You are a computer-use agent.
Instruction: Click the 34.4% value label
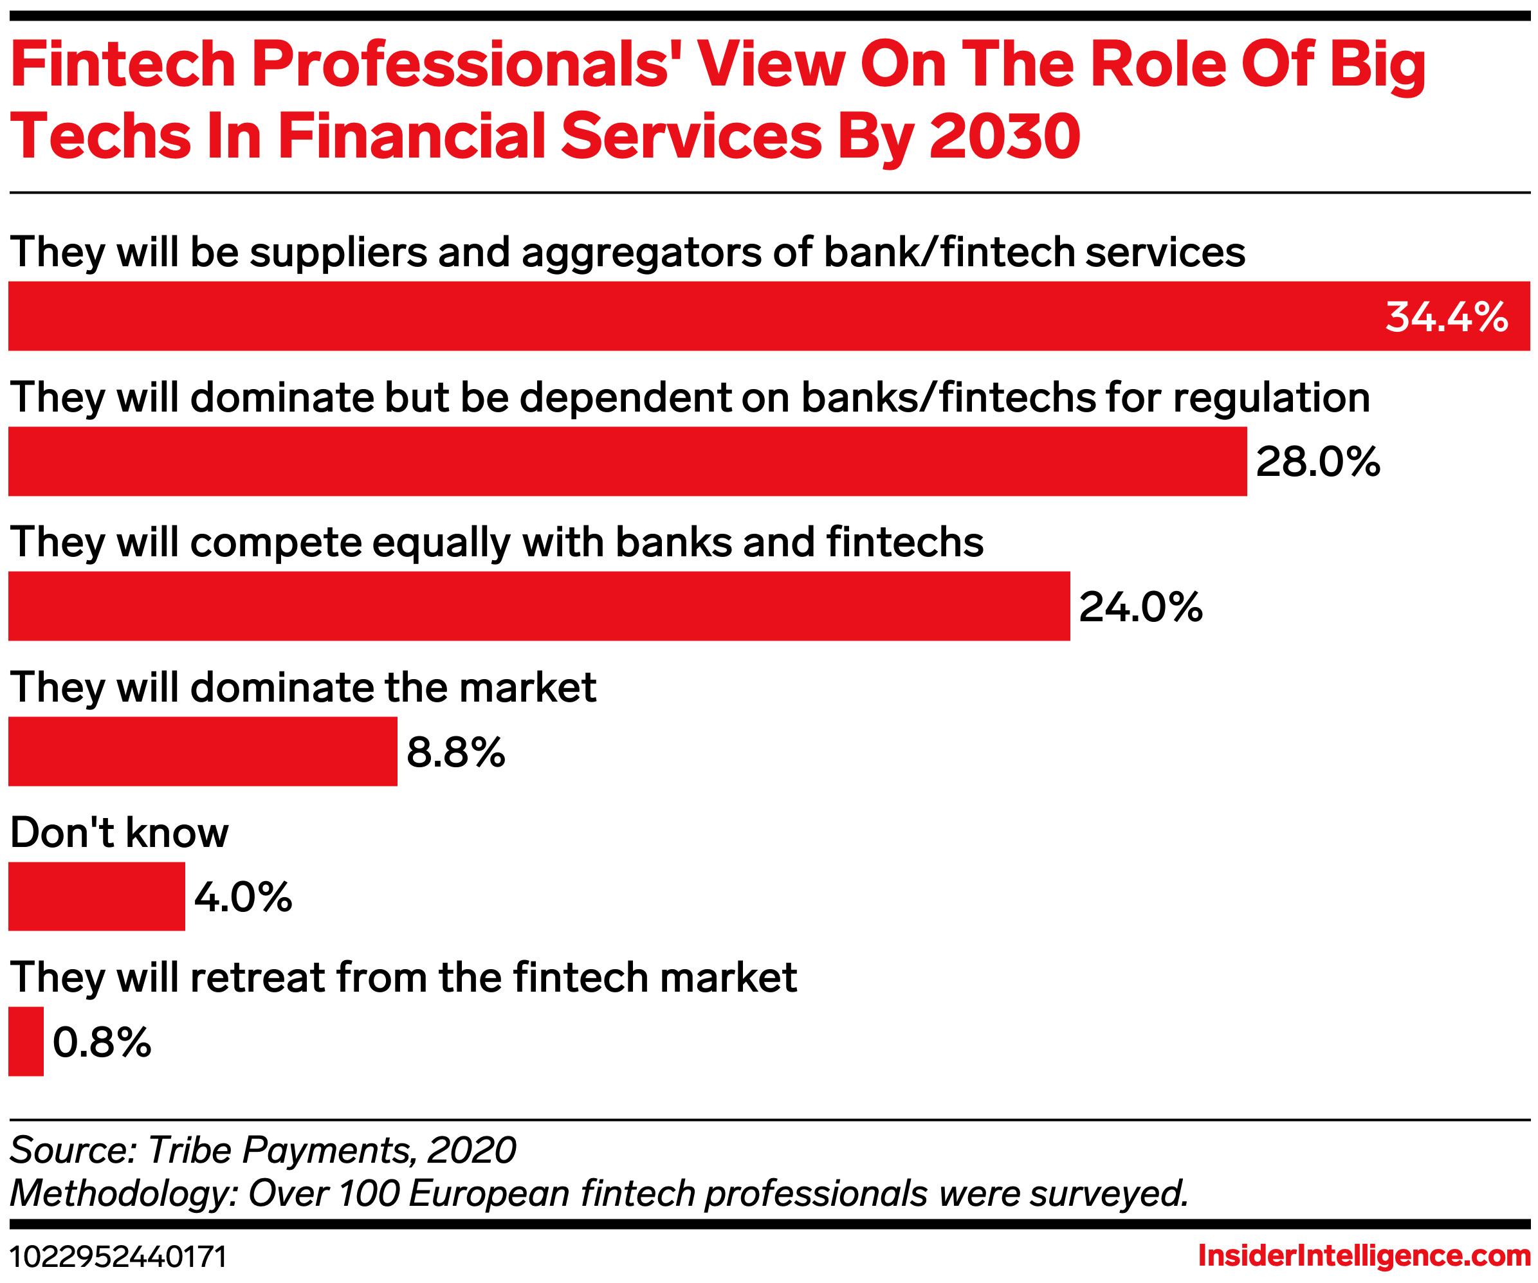pos(1446,317)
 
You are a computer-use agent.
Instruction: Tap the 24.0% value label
pos(1140,607)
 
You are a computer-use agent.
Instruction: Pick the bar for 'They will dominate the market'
pos(203,751)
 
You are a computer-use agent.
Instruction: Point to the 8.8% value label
pos(455,752)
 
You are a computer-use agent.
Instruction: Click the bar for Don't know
pos(96,896)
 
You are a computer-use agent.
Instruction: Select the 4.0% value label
pos(243,897)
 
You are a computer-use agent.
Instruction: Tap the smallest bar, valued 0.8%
pos(26,1041)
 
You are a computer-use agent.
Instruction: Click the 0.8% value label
pos(102,1042)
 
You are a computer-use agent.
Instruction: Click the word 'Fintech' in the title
pos(123,64)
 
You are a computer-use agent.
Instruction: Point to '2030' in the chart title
pos(1004,136)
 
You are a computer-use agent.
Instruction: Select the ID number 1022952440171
pos(118,1257)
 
